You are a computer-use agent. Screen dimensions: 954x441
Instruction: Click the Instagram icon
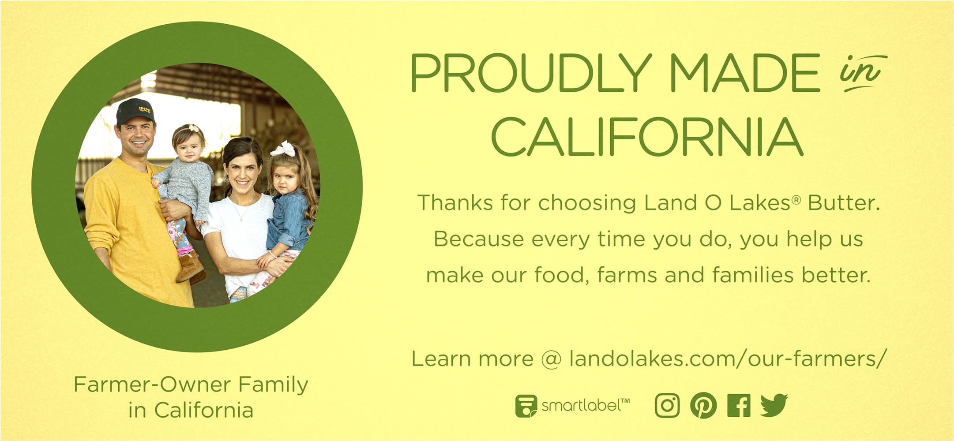[667, 406]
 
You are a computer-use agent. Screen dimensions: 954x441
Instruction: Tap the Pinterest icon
[703, 406]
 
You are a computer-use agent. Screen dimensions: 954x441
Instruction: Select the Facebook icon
[739, 406]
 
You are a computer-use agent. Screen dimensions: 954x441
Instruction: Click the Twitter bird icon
[774, 405]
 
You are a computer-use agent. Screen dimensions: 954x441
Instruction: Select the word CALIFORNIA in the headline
[647, 137]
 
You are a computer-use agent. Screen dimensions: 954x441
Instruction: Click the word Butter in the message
[844, 203]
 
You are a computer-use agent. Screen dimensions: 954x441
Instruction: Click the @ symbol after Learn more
[551, 359]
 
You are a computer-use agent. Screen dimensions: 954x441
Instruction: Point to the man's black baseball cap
[135, 112]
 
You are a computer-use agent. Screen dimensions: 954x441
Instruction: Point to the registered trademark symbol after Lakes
[796, 200]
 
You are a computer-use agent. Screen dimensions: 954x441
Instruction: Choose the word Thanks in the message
[455, 203]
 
